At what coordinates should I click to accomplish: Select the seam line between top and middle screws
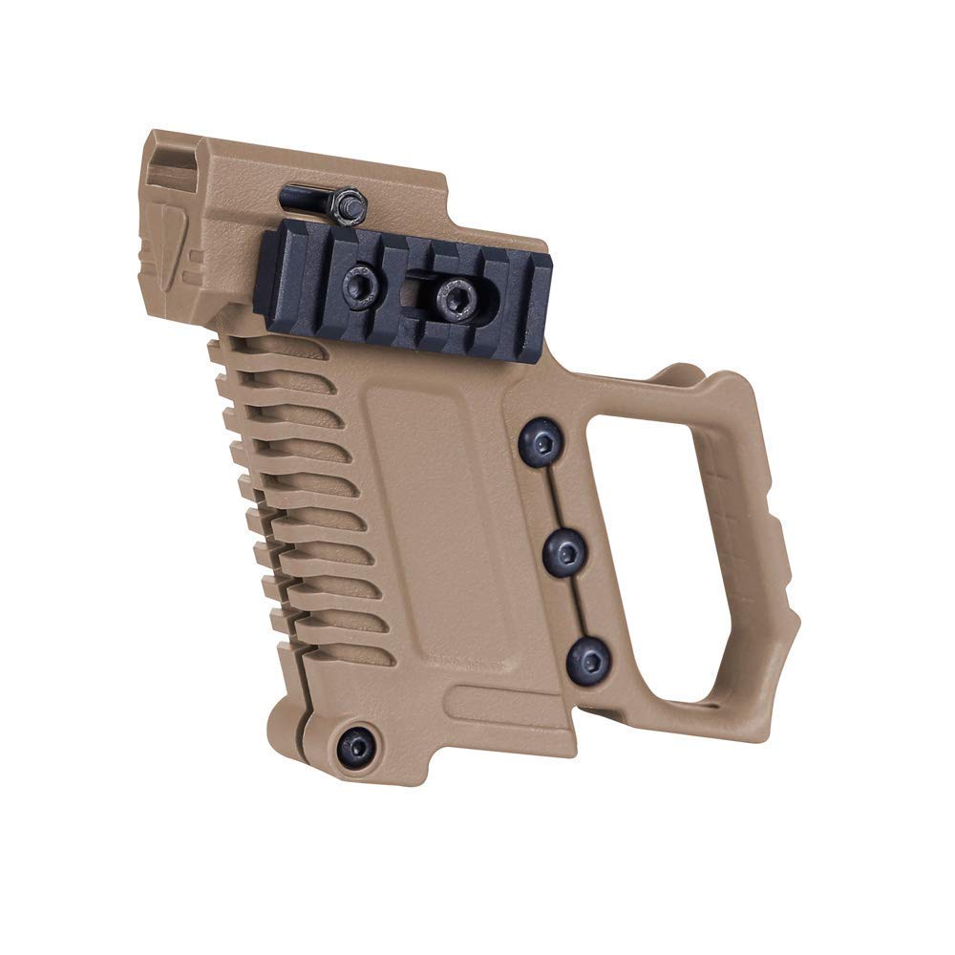pyautogui.click(x=554, y=497)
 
